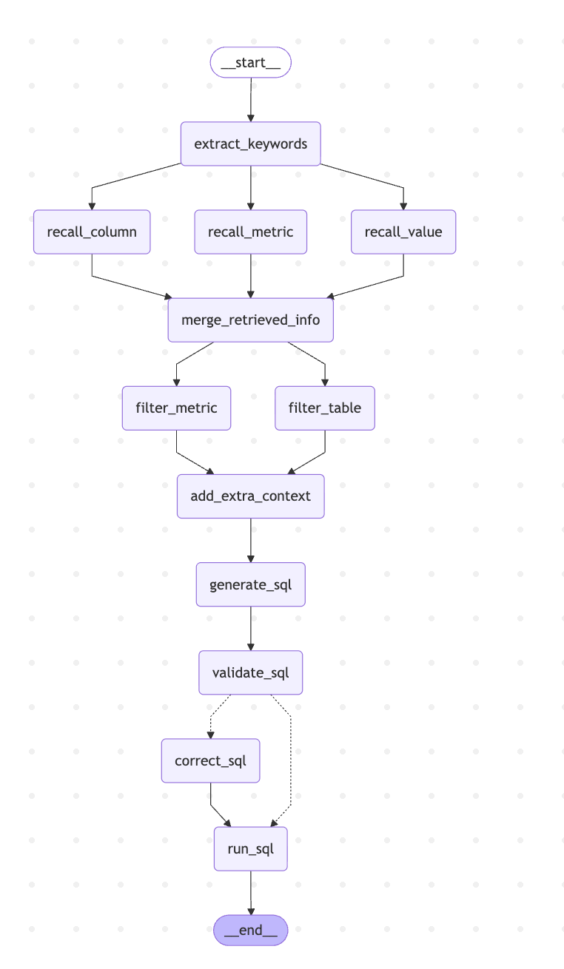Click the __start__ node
pos(250,62)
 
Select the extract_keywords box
pos(250,144)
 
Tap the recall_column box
pos(92,232)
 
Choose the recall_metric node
pos(250,232)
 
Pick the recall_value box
pos(403,232)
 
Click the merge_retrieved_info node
pos(250,320)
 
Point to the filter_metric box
pos(176,408)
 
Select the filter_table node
pos(325,408)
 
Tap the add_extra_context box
pos(250,496)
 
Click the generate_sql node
pos(250,584)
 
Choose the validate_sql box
pos(250,672)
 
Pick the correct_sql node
pos(210,760)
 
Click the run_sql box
pos(250,848)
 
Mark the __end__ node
pos(250,930)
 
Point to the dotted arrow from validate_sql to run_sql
pos(291,762)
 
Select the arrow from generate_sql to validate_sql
pos(250,628)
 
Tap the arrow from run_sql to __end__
pos(250,893)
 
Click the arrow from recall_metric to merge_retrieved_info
pos(250,276)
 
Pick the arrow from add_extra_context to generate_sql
pos(250,540)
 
